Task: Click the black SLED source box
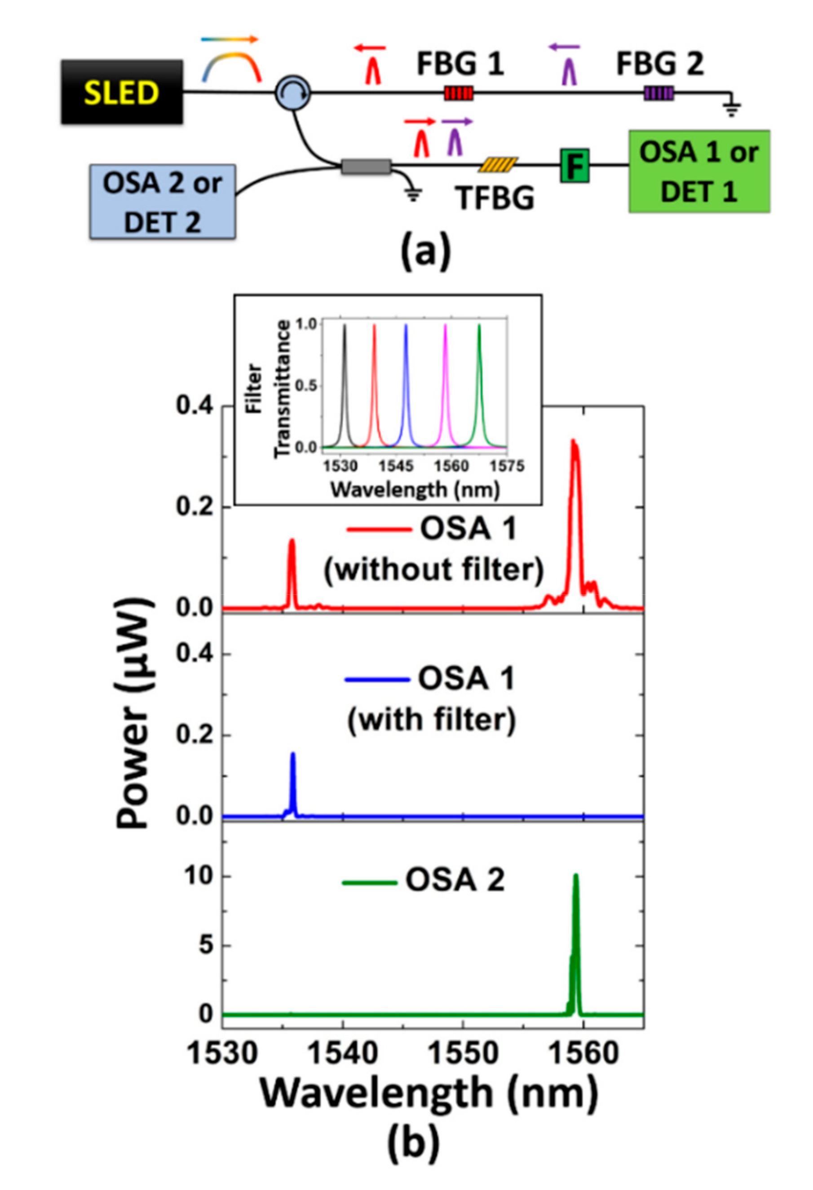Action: tap(121, 92)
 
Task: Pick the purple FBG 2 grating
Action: tap(659, 93)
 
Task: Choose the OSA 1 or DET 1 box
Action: tap(699, 171)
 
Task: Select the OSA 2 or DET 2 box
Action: tap(163, 202)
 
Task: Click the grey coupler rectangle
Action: tap(366, 167)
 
